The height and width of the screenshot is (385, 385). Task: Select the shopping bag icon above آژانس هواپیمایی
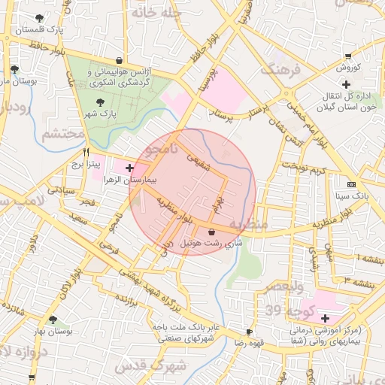(120, 61)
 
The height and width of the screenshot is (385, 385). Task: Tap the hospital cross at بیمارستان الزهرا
(131, 168)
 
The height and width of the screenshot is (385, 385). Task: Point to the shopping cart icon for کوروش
(347, 56)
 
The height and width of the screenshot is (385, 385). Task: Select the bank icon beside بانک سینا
(351, 184)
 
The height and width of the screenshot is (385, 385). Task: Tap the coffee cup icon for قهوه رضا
(249, 332)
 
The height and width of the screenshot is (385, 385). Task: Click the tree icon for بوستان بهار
(53, 320)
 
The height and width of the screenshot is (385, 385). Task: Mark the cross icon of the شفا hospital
(325, 318)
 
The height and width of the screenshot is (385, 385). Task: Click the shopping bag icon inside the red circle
(211, 232)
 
